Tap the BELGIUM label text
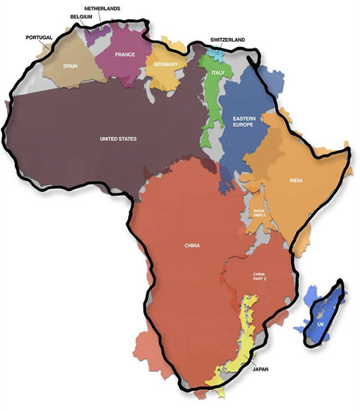[82, 15]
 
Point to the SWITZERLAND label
[227, 39]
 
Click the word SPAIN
[71, 65]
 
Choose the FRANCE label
[123, 54]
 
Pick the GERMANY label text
[166, 65]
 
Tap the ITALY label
[217, 73]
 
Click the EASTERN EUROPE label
[244, 123]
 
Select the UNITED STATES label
[118, 138]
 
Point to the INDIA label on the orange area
[298, 179]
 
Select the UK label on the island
[321, 324]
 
